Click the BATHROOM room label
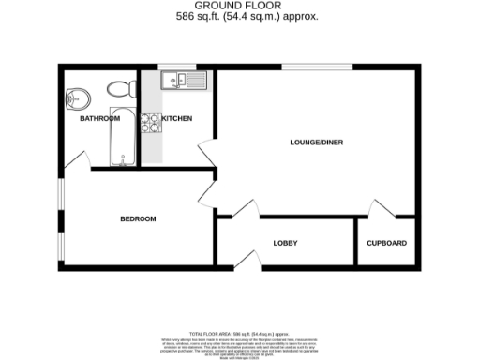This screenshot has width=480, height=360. click(x=99, y=119)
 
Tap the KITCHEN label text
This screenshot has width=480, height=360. click(x=177, y=119)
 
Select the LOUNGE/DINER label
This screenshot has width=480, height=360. click(x=316, y=142)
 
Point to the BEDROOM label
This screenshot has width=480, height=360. click(x=138, y=219)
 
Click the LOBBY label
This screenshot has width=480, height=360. click(x=285, y=244)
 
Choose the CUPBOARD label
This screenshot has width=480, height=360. click(x=386, y=244)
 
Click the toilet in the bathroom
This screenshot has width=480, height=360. click(x=118, y=89)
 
